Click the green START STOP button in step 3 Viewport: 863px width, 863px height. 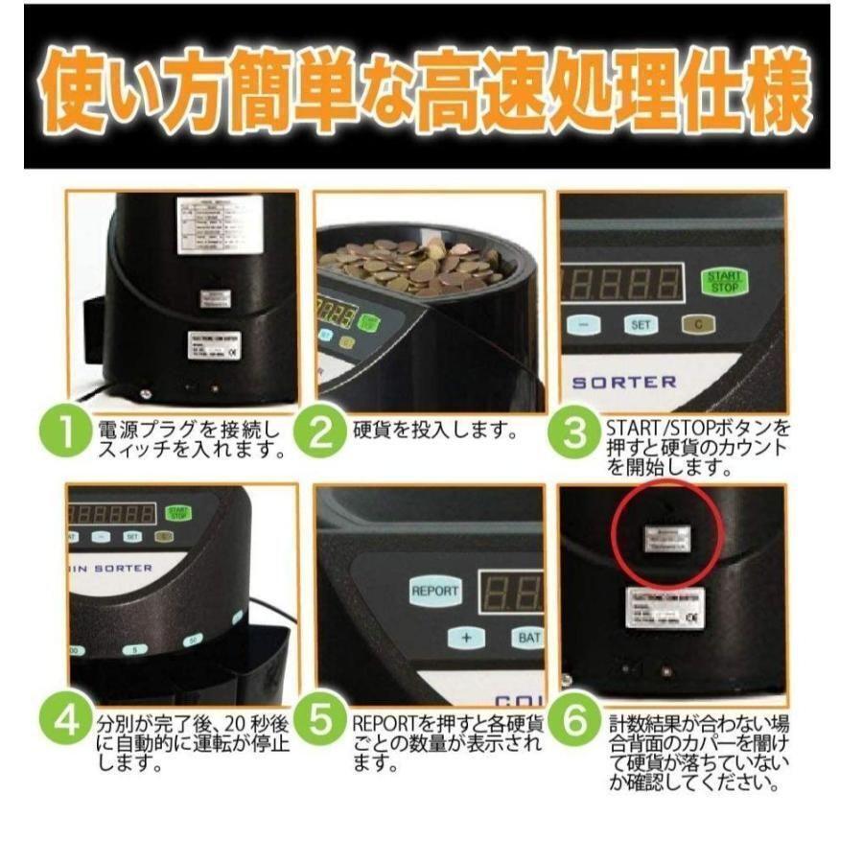(725, 282)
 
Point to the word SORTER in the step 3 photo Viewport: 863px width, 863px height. (624, 381)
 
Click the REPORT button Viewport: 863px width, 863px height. (435, 591)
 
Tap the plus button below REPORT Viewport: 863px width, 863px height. (467, 639)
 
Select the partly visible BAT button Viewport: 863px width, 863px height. (527, 639)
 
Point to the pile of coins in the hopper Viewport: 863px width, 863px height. (412, 263)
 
